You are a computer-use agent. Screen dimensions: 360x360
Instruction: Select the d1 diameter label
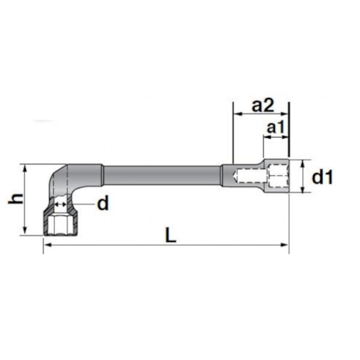coord(322,178)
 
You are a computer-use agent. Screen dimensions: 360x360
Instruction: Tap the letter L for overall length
coord(171,233)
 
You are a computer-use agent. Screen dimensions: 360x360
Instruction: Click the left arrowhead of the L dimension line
coord(45,246)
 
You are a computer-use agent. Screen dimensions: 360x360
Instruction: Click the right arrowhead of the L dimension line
coord(286,246)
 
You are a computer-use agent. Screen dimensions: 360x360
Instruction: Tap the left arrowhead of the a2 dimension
coord(235,115)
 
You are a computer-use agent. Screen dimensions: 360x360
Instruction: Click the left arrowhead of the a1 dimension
coord(265,137)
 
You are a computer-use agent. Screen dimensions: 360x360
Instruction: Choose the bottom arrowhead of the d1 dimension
coord(304,193)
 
